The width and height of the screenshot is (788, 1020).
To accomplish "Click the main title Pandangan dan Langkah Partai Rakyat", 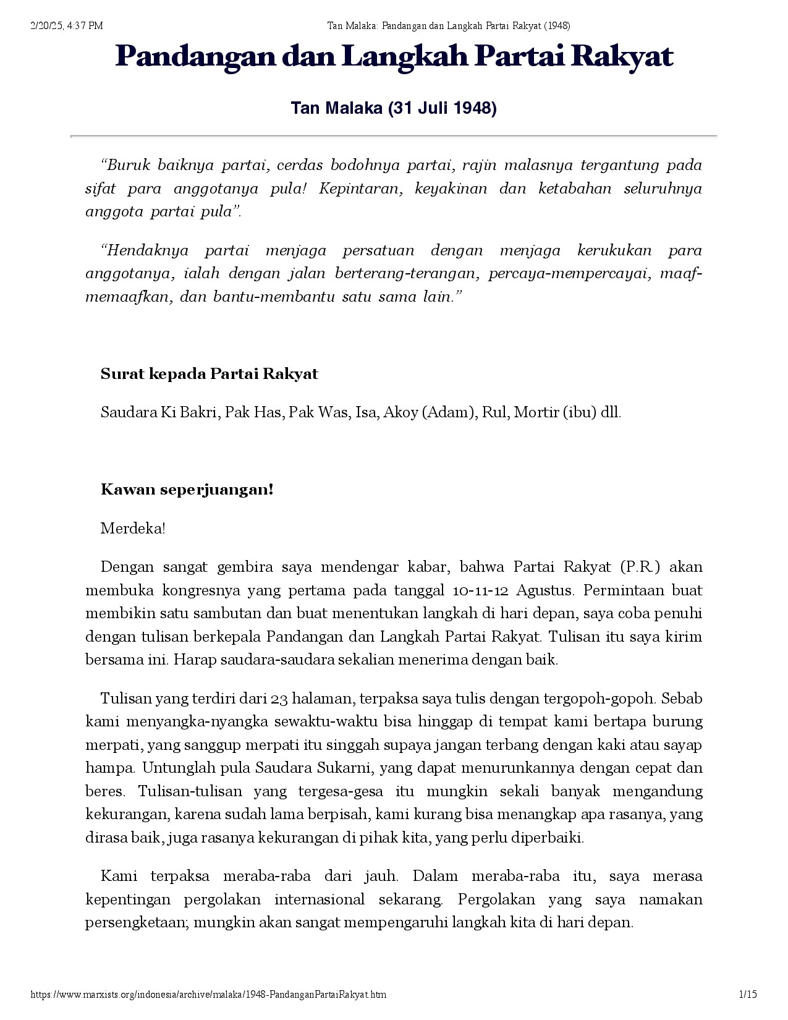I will tap(394, 57).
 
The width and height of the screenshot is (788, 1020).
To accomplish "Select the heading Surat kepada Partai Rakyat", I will tap(209, 374).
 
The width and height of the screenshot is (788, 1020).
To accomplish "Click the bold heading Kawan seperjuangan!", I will tap(187, 490).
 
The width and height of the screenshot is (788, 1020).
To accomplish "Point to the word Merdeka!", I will tap(133, 529).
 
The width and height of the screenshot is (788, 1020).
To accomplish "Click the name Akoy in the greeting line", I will tap(400, 412).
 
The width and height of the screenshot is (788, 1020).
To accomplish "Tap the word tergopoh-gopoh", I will tap(599, 699).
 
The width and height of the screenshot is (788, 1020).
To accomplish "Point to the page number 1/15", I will tap(748, 995).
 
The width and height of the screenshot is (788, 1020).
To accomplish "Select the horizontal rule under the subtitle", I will tap(394, 135).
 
